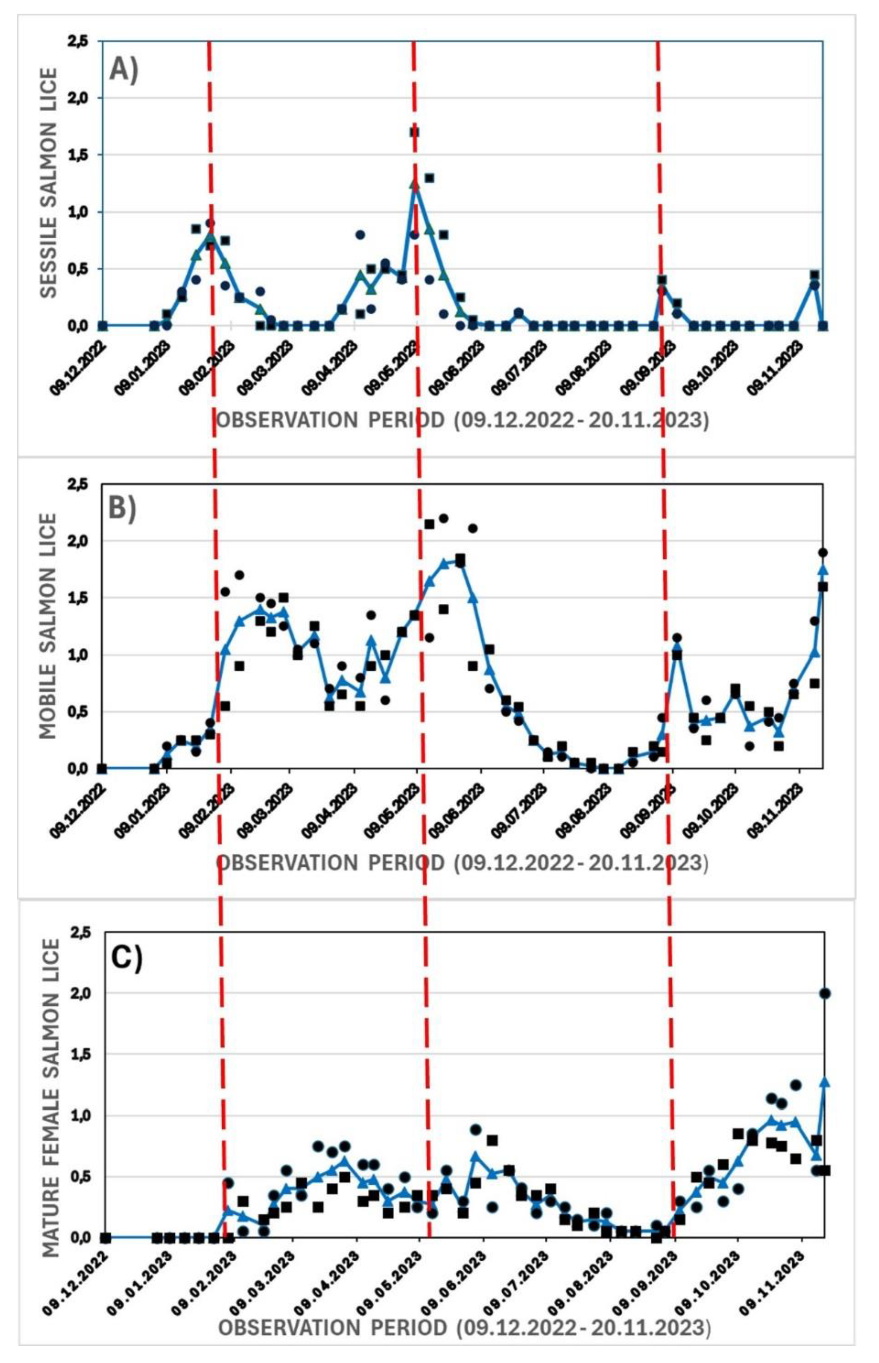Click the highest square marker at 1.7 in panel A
(x=414, y=132)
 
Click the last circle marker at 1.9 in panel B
(x=822, y=553)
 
